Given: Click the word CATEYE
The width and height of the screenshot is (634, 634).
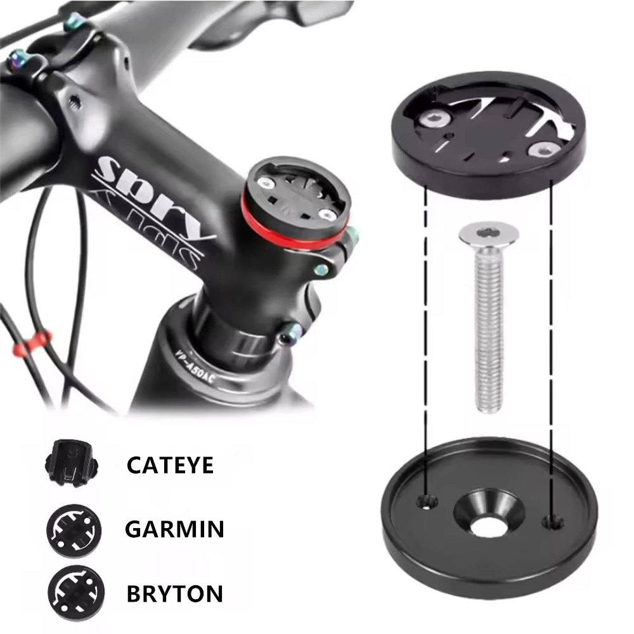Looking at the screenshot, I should (170, 465).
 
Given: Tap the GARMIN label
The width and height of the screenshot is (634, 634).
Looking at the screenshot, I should (174, 529).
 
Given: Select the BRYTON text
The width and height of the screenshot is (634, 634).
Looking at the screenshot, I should (174, 593).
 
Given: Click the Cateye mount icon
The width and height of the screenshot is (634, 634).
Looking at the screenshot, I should (69, 465).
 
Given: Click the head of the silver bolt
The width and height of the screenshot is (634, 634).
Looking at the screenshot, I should (489, 236).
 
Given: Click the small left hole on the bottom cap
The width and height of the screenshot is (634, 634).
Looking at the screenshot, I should (425, 502).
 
